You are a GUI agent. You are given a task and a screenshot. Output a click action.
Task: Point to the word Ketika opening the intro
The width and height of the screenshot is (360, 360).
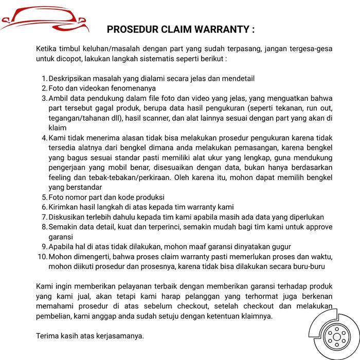(x=47, y=49)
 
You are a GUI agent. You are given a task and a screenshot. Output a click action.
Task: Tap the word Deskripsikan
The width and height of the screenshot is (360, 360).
(x=73, y=79)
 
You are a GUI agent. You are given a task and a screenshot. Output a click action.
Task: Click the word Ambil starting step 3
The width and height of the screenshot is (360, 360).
(x=59, y=98)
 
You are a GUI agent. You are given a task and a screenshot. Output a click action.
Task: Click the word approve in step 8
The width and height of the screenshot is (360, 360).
(x=317, y=227)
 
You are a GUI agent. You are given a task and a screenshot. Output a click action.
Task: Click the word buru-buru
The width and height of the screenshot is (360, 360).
(x=307, y=266)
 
